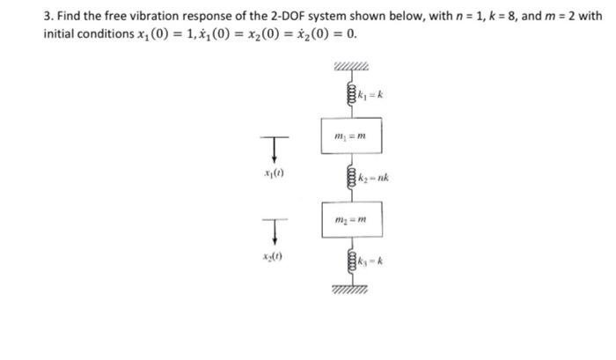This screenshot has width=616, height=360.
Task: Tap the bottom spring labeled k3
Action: (x=350, y=261)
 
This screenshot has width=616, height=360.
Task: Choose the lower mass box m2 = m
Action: (x=350, y=217)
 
